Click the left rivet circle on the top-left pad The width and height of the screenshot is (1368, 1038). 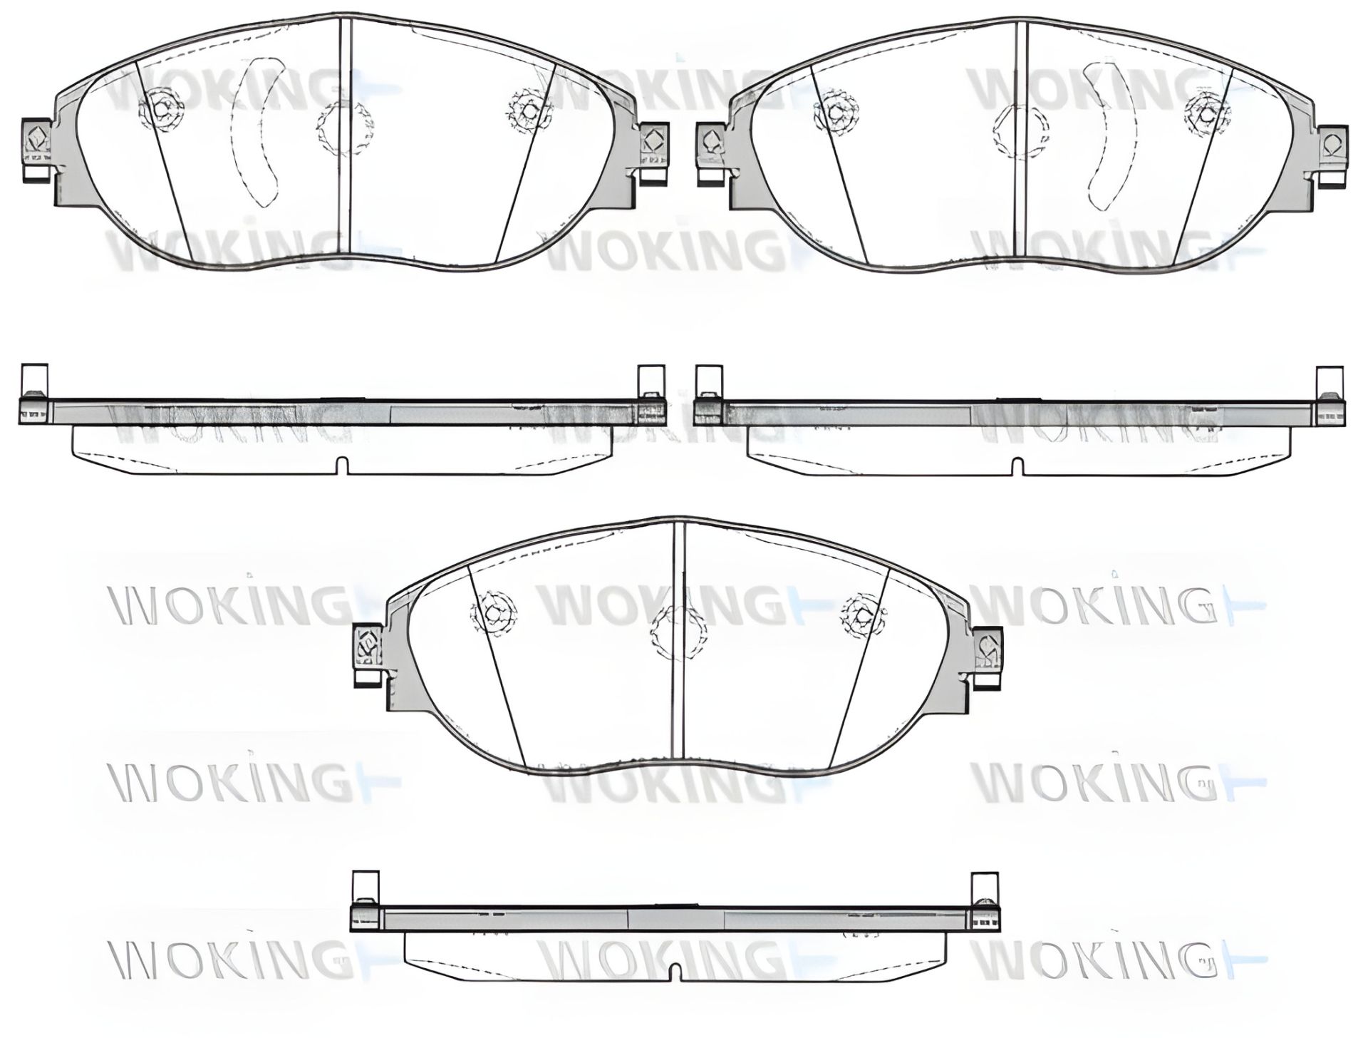pos(160,109)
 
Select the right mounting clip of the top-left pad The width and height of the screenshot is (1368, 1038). pos(651,147)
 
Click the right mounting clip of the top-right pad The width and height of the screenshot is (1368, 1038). pos(1331,150)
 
